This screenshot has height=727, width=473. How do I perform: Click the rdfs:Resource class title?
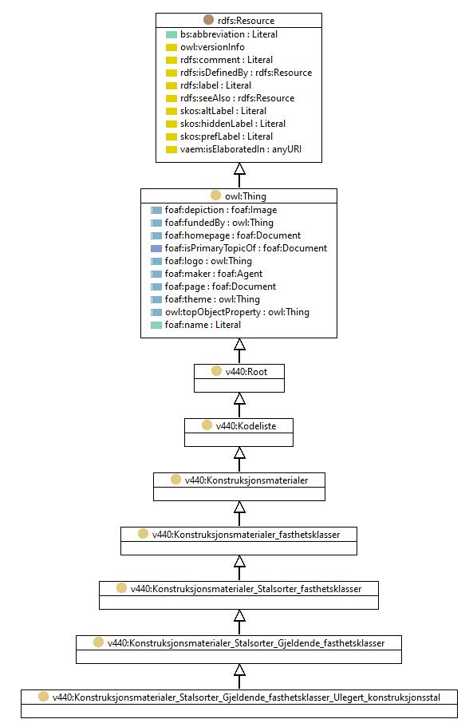coord(246,21)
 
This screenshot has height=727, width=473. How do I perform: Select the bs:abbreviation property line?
coord(229,34)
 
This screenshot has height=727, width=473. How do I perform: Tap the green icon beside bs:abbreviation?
coord(171,35)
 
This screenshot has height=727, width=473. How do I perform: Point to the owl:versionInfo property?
coord(212,47)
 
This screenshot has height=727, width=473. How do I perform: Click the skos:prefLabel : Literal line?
coord(226,136)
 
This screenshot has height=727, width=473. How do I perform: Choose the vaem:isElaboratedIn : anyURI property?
coord(240,149)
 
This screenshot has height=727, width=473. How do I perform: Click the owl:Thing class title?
coord(246,196)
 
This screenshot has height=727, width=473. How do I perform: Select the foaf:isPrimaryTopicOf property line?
coord(246,248)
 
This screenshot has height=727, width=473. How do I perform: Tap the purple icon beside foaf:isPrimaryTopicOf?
coord(156,248)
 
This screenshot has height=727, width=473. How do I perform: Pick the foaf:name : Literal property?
coord(203,325)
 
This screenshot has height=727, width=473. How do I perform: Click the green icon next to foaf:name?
coord(156,325)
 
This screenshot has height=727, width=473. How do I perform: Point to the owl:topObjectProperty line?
coord(237,312)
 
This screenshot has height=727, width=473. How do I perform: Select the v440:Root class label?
coord(246,372)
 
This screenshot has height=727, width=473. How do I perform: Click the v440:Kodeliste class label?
coord(246,426)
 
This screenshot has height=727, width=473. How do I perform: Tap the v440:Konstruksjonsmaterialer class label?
coord(246,480)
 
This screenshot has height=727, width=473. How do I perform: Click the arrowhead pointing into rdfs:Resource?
coord(239,168)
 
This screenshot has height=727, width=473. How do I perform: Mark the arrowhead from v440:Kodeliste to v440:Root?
coord(239,398)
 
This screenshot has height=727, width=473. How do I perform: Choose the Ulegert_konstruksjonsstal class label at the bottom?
coord(246,697)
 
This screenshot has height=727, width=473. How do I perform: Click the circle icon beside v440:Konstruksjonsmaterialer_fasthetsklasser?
coord(143,534)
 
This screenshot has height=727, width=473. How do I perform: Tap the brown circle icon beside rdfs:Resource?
coord(208,19)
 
